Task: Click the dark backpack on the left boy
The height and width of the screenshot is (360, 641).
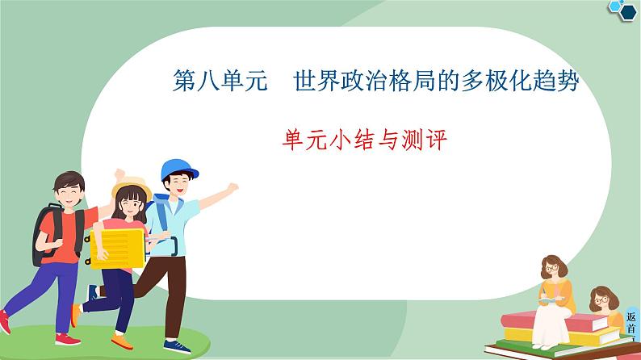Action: tap(46, 230)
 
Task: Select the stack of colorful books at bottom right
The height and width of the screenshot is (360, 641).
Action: tap(565, 335)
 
